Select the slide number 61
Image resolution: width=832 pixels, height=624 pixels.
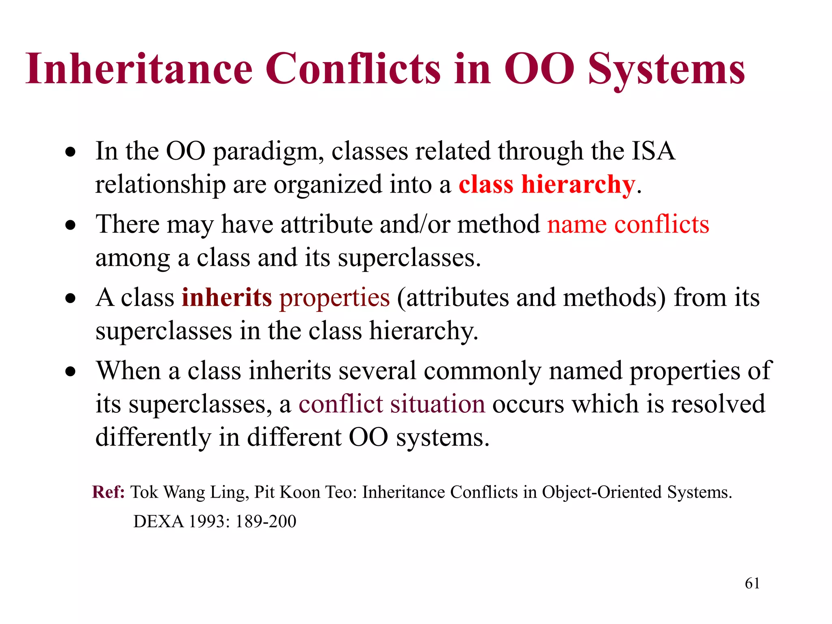click(x=752, y=583)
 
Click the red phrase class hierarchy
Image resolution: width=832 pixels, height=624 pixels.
click(x=546, y=184)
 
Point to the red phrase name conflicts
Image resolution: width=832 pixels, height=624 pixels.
click(x=628, y=224)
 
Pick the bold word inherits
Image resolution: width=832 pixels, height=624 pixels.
click(x=226, y=297)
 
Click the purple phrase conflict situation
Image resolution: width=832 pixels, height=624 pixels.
click(x=392, y=404)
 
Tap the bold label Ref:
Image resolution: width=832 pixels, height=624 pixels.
click(x=108, y=492)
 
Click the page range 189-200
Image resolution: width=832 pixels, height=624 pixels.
click(x=266, y=521)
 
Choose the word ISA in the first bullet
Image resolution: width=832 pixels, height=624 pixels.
click(x=653, y=151)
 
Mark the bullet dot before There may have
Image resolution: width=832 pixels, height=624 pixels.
click(x=71, y=225)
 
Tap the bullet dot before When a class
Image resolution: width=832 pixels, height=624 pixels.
click(x=71, y=371)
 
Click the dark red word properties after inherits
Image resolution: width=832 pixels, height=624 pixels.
click(x=334, y=298)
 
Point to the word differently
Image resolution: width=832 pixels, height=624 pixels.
click(x=153, y=438)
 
